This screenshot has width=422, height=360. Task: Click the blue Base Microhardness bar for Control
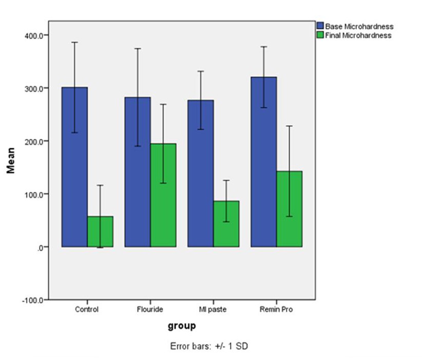tap(74, 169)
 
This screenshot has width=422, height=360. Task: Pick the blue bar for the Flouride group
tap(138, 174)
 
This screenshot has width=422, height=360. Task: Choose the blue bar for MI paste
tap(201, 174)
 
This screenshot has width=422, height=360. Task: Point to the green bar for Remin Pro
tap(290, 210)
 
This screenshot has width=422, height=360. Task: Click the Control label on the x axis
tap(87, 310)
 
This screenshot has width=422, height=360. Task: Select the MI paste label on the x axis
tap(213, 310)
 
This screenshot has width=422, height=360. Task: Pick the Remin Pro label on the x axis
tap(276, 310)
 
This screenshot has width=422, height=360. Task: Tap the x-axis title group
tap(181, 326)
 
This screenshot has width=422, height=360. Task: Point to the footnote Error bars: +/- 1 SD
tap(209, 346)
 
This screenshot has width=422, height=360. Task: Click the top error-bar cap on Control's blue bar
tap(74, 42)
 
